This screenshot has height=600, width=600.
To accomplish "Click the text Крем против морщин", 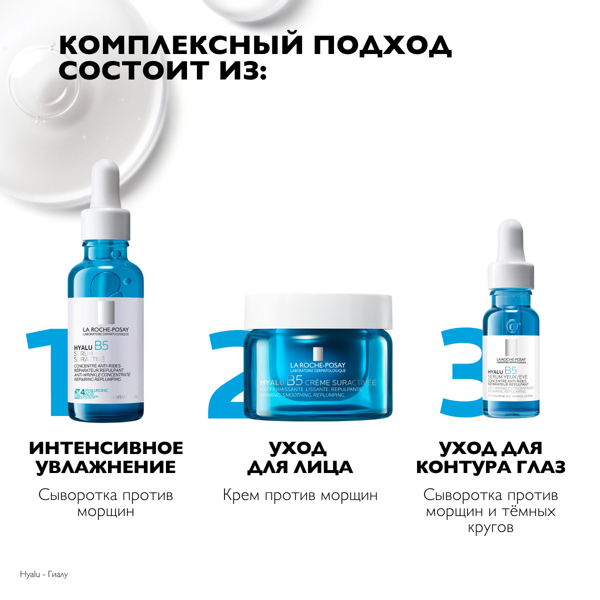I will [300, 495].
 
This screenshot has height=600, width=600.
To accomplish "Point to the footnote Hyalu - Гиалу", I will [43, 574].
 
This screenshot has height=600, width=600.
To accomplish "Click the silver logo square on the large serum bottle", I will [106, 312].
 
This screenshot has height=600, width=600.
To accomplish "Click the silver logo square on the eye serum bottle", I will [511, 347].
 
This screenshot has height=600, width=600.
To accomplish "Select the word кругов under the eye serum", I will [490, 528].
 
